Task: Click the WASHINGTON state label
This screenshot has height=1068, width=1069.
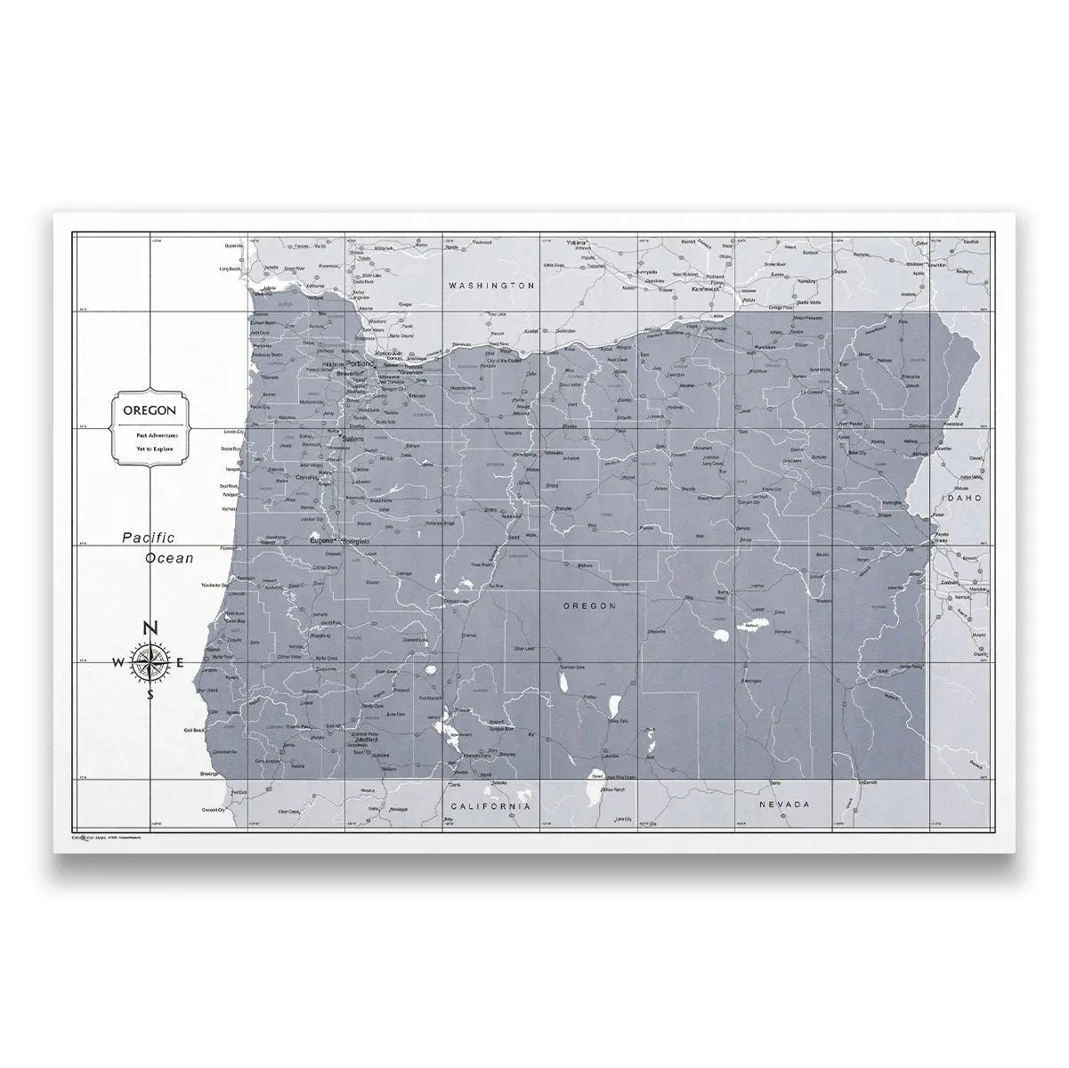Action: point(491,286)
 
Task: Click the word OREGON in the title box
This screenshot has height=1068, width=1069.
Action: point(149,411)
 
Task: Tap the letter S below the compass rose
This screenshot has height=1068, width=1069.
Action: point(150,695)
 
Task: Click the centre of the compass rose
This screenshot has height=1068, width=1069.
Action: point(150,662)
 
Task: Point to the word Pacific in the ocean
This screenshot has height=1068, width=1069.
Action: point(150,537)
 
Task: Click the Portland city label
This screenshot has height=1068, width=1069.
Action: point(360,364)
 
